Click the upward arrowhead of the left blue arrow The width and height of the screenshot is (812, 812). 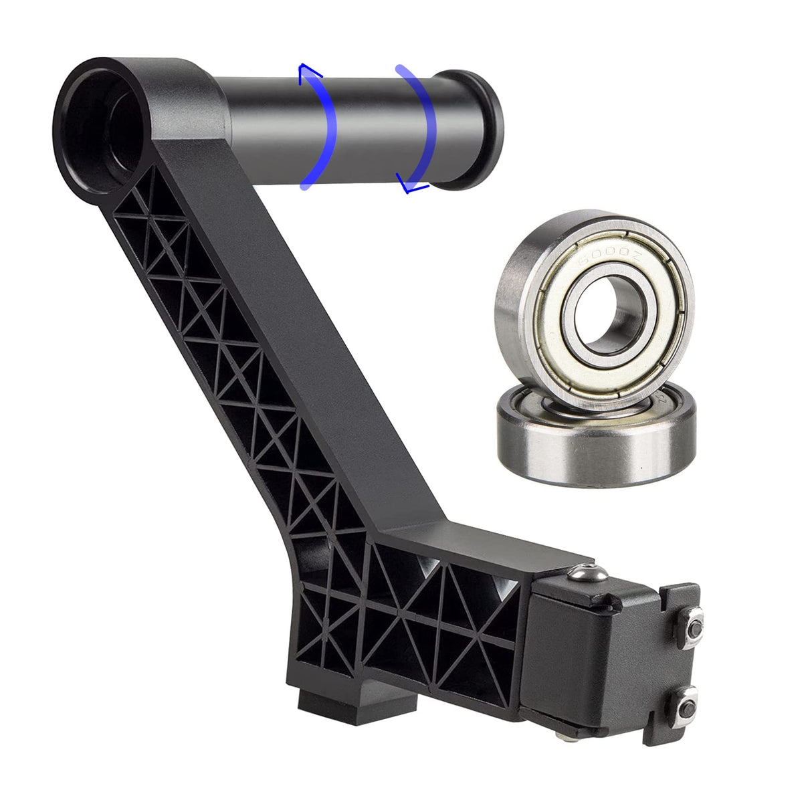(x=306, y=71)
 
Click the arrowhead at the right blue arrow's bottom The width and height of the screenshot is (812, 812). (x=405, y=183)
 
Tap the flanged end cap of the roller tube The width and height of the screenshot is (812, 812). (x=476, y=127)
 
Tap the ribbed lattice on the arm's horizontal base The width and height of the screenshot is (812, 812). (x=428, y=615)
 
